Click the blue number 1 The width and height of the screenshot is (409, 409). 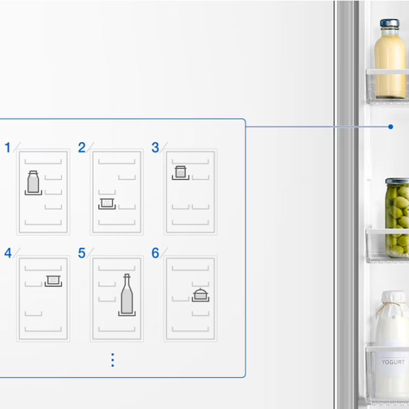(7, 148)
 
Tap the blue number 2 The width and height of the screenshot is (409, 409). (82, 148)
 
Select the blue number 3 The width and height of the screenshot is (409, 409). (155, 148)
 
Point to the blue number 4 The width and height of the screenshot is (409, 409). (7, 253)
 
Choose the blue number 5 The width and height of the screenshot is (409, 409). (82, 253)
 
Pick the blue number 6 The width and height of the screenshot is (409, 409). (155, 253)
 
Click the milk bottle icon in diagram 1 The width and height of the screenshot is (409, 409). (33, 182)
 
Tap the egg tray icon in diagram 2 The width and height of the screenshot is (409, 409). (107, 203)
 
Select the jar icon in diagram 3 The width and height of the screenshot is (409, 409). (181, 172)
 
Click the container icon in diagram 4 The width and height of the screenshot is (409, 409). (53, 280)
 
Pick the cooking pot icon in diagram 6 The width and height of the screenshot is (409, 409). (200, 294)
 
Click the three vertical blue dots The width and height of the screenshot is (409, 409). (112, 360)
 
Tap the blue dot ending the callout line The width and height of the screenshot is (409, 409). (391, 127)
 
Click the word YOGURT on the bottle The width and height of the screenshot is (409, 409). (393, 362)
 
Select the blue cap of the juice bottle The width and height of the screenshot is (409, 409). (390, 23)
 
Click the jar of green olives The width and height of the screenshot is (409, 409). (397, 218)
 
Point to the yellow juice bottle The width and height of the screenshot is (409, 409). (390, 59)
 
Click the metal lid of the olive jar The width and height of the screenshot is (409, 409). (397, 181)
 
